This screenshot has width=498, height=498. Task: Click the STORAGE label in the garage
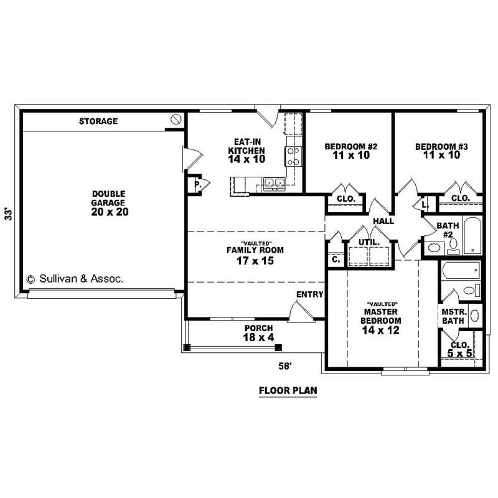98,121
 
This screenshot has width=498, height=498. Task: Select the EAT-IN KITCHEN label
247,150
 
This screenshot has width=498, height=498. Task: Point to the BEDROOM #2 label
352,151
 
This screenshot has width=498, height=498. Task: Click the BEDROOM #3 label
441,151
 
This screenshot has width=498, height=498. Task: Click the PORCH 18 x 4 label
258,333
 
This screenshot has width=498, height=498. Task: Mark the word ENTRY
309,294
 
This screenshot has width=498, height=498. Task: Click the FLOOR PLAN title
288,392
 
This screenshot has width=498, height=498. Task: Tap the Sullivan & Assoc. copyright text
75,279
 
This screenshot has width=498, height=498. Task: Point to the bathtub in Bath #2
472,235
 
